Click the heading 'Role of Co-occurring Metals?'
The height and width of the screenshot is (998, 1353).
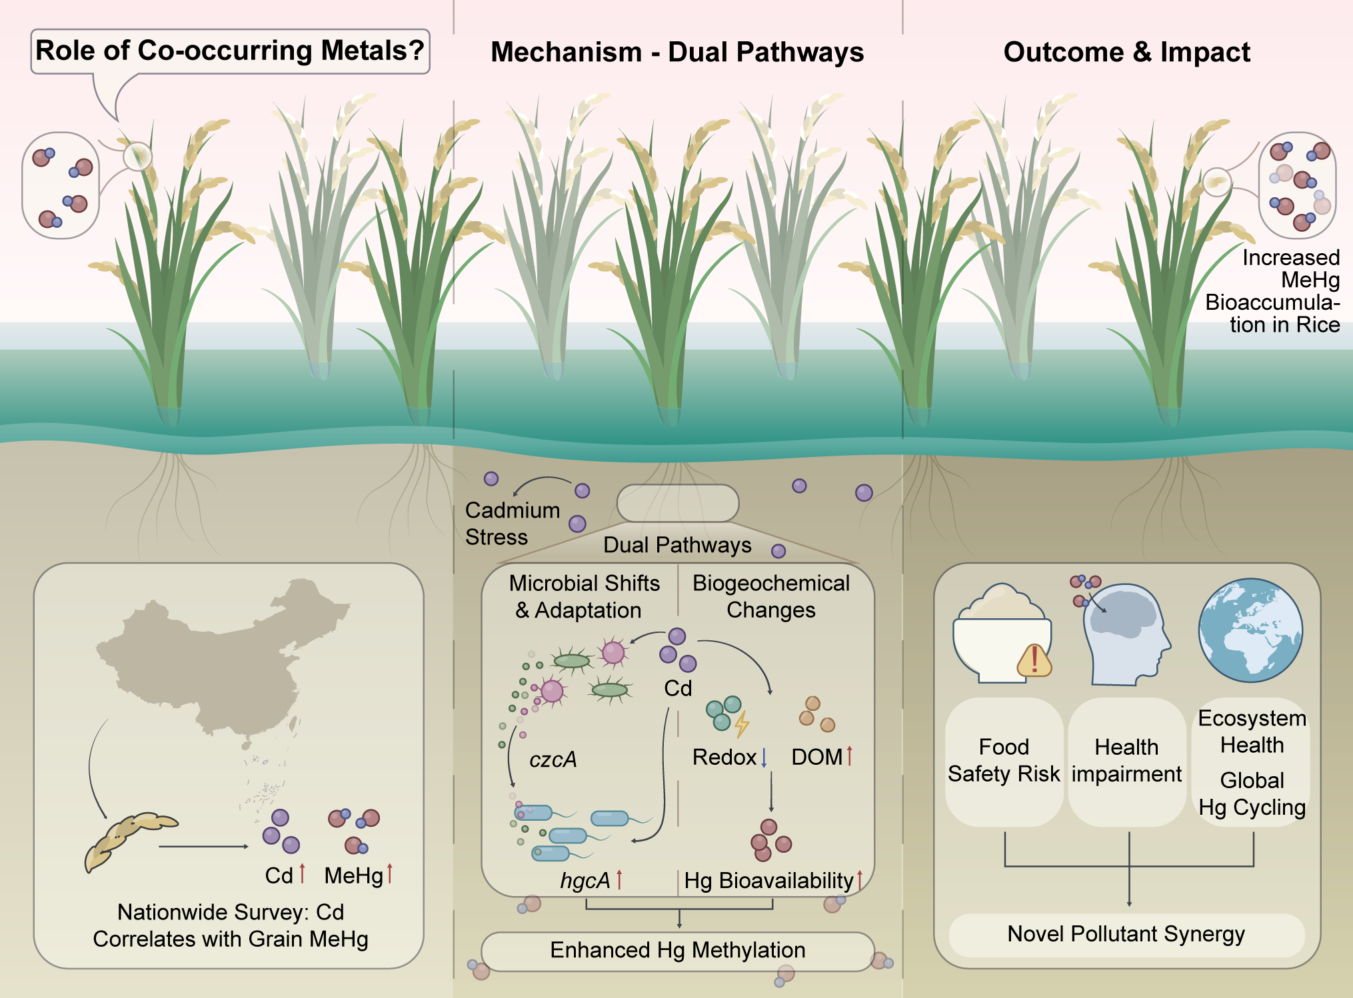[x=230, y=51]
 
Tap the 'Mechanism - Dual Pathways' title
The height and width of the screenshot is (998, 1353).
[x=676, y=52]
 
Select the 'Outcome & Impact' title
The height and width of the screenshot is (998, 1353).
[x=1126, y=52]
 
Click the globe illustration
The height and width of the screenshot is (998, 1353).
[x=1250, y=630]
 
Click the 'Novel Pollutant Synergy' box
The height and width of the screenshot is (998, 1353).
[x=1126, y=934]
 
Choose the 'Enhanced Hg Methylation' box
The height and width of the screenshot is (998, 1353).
[x=677, y=950]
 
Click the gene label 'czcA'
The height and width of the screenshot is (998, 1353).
[x=553, y=759]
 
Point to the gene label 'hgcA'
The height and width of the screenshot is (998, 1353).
[x=585, y=881]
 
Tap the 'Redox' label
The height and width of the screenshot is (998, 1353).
[x=724, y=757]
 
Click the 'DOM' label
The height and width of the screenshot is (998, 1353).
[x=816, y=757]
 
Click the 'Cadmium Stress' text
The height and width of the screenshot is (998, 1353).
[x=512, y=524]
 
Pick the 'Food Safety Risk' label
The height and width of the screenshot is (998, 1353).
[x=1004, y=760]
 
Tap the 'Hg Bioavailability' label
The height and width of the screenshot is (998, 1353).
[x=768, y=881]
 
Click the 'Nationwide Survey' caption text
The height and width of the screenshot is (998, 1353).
[x=230, y=925]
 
